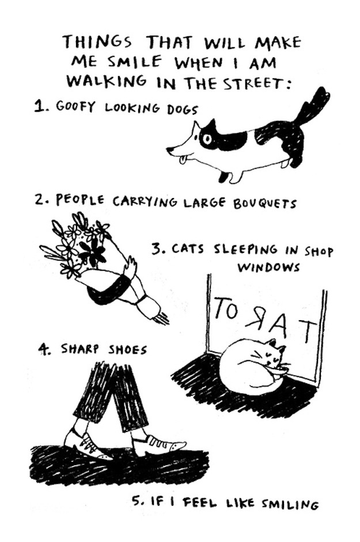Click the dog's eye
[206, 139]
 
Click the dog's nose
[169, 150]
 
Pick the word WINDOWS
[268, 267]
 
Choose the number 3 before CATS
[156, 249]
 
